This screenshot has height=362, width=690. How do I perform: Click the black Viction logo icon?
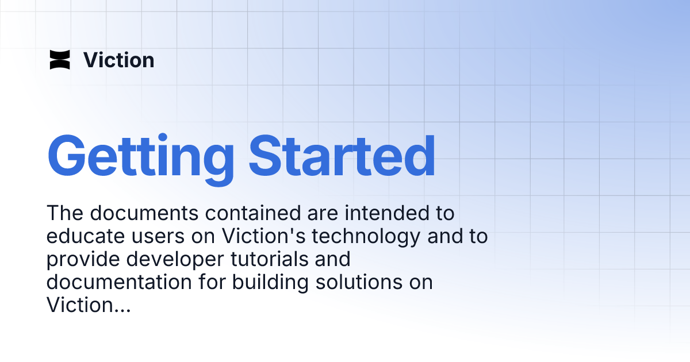(x=60, y=60)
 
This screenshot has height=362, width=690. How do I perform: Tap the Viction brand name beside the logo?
(x=119, y=60)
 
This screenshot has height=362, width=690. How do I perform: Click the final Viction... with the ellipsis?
(x=89, y=305)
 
